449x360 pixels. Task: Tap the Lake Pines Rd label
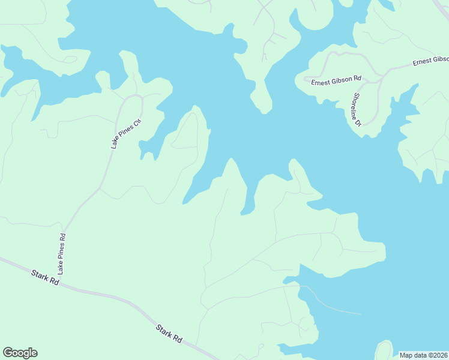click(62, 254)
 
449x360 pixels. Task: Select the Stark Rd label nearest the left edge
click(46, 277)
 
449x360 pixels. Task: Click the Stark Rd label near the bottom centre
click(169, 334)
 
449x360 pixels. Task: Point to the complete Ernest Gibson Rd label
click(336, 80)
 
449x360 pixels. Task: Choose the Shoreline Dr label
click(357, 109)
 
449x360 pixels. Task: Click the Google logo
click(20, 353)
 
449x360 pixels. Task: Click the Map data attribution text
click(423, 355)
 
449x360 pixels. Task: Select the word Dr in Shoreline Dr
click(359, 122)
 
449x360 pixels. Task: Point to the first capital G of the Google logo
click(8, 353)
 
